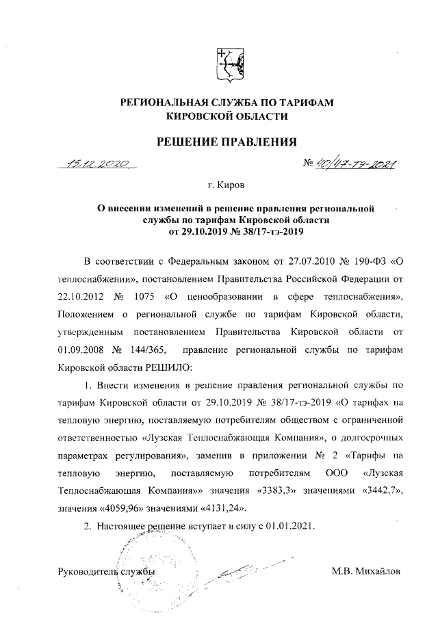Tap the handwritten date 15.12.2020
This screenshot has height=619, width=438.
(x=96, y=164)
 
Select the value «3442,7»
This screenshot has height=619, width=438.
(x=375, y=490)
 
